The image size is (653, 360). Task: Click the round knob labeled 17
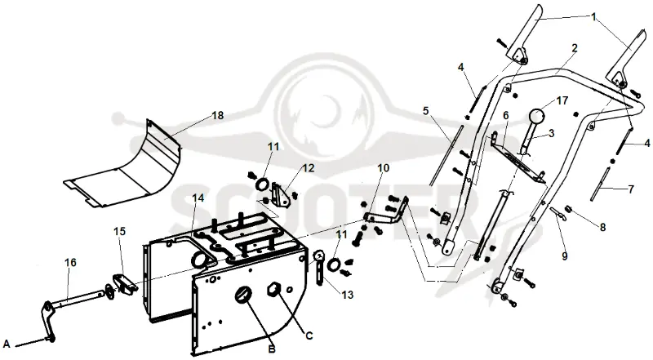(538, 115)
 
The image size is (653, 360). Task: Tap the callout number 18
(217, 115)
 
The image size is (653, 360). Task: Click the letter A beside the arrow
(7, 344)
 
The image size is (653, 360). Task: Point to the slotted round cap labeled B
(242, 295)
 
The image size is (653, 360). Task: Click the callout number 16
(70, 263)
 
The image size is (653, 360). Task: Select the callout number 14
(198, 198)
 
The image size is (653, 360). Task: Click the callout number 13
(348, 295)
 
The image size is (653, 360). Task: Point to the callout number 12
(309, 168)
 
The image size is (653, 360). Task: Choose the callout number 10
(384, 167)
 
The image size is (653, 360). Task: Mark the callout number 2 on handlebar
(575, 48)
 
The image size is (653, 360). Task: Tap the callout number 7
(631, 189)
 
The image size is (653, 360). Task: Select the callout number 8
(602, 228)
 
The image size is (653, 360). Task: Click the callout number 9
(565, 256)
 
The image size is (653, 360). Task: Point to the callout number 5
(425, 111)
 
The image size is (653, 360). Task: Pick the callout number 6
(506, 115)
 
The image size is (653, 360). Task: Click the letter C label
(309, 336)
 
